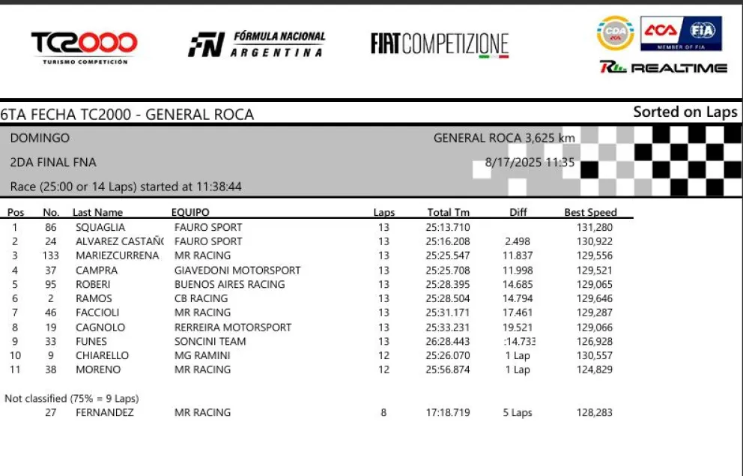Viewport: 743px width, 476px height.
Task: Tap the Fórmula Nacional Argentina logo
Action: [256, 44]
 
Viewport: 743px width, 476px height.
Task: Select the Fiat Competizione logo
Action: [440, 44]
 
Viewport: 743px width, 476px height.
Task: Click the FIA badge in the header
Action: [702, 31]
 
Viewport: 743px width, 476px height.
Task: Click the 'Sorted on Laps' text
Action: [685, 112]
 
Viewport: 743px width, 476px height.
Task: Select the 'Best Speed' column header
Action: [590, 212]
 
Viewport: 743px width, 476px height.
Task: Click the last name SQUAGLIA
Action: [100, 227]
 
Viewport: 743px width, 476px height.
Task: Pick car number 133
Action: [50, 256]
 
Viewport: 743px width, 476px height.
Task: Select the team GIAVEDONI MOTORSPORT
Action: [237, 270]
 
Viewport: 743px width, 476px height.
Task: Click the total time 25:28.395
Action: [449, 284]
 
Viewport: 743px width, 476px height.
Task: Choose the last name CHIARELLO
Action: [102, 355]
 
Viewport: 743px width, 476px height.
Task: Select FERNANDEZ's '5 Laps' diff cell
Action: [518, 412]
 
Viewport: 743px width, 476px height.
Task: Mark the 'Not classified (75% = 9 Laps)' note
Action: [72, 398]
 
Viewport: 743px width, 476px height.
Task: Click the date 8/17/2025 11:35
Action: [530, 162]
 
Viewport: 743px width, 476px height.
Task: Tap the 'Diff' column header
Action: [518, 212]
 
